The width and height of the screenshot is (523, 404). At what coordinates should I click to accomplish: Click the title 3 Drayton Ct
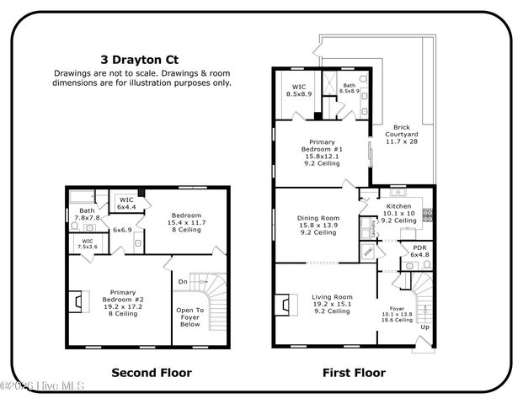point(141,60)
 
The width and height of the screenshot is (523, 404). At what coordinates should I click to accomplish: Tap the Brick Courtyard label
point(395,135)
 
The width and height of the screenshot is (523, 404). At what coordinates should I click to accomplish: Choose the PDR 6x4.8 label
point(419,252)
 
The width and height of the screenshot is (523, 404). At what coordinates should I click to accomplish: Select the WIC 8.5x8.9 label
point(299,90)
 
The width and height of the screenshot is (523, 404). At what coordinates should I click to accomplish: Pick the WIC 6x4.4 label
point(126,204)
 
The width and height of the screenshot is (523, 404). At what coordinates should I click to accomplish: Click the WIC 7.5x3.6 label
point(88,244)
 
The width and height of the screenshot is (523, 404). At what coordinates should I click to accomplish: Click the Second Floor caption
point(152,372)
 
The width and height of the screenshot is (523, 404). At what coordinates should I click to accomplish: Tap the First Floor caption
point(354,372)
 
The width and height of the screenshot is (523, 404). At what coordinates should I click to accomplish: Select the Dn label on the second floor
point(182,282)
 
